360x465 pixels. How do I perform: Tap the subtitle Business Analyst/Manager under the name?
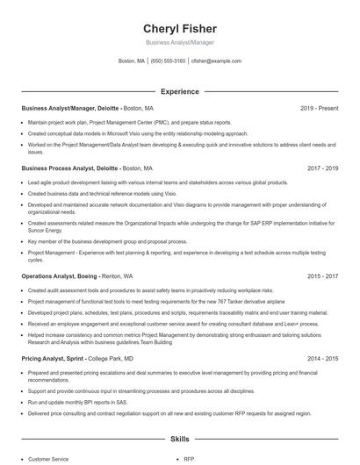pos(179,42)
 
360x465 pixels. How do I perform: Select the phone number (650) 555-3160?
pos(169,61)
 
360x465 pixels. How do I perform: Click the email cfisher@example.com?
pos(216,61)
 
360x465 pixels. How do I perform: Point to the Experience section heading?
pos(179,91)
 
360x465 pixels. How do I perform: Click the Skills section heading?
pos(179,438)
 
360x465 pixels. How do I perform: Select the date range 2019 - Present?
pos(319,108)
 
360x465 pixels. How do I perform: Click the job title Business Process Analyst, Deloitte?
pos(69,167)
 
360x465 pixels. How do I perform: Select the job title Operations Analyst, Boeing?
pos(60,275)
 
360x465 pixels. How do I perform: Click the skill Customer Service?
pos(47,458)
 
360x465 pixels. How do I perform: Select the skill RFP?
pos(189,458)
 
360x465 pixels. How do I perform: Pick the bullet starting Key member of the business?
pos(107,241)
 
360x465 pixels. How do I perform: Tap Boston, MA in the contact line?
pos(132,61)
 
